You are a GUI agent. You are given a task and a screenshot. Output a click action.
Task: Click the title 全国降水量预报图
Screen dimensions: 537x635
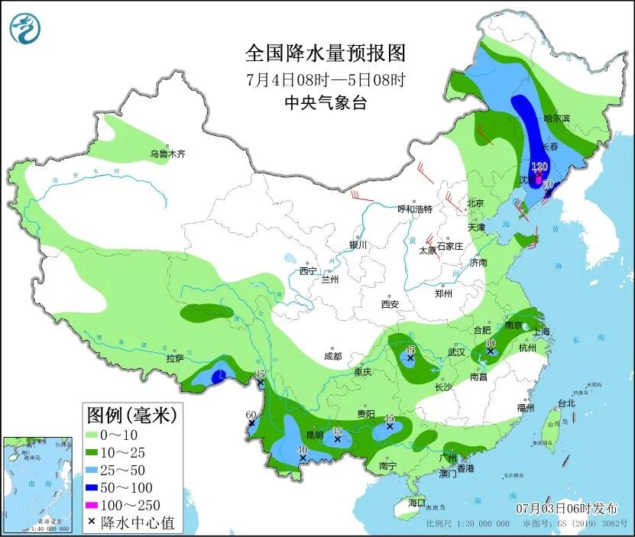[x=324, y=53]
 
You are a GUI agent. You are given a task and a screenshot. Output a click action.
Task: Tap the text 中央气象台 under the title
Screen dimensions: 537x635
[x=324, y=103]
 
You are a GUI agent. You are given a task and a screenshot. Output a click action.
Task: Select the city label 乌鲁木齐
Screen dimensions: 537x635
[x=167, y=154]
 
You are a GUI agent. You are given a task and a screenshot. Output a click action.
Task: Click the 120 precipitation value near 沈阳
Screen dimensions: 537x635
[x=539, y=167]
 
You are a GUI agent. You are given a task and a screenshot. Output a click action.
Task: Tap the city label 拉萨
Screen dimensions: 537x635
[x=174, y=357]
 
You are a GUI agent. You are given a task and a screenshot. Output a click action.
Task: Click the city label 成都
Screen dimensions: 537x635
[x=332, y=356]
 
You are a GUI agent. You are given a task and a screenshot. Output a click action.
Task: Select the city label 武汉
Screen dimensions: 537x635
[x=456, y=353]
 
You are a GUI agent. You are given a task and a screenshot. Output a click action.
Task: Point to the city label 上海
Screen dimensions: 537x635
[x=541, y=332]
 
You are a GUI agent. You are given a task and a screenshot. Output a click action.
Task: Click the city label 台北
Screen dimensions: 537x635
[x=565, y=403]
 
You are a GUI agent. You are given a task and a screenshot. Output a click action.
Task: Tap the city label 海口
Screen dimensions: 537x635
[x=416, y=503]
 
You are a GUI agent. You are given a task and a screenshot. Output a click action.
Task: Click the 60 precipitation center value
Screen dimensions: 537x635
[x=251, y=415]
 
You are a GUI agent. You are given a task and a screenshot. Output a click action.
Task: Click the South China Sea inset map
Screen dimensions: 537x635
[x=38, y=484]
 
